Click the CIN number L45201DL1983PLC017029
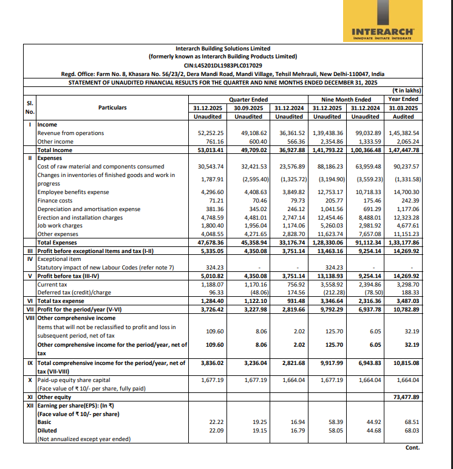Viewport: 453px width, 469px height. click(223, 65)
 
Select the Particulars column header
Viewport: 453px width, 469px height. click(112, 108)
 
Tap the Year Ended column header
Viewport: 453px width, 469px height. click(403, 99)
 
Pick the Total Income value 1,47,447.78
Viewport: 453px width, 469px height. click(403, 150)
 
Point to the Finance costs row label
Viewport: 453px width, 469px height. click(55, 200)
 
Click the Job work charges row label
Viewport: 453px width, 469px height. click(60, 225)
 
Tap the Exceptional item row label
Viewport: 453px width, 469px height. click(60, 258)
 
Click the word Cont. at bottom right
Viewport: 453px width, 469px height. click(412, 448)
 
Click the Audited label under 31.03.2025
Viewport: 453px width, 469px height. click(403, 116)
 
